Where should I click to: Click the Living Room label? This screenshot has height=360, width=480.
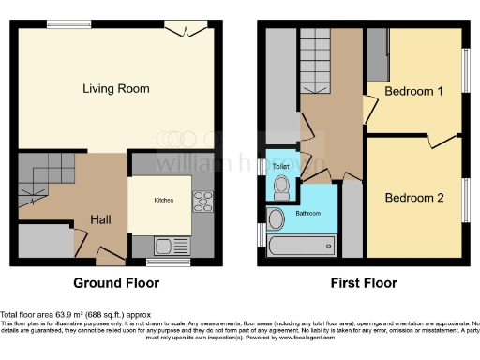(x=116, y=89)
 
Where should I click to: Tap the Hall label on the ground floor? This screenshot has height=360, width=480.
(x=102, y=218)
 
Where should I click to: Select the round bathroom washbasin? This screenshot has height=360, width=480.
(x=276, y=219)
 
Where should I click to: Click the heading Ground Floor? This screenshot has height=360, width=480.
(x=116, y=282)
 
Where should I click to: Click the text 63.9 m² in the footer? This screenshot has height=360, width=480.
(x=68, y=314)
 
